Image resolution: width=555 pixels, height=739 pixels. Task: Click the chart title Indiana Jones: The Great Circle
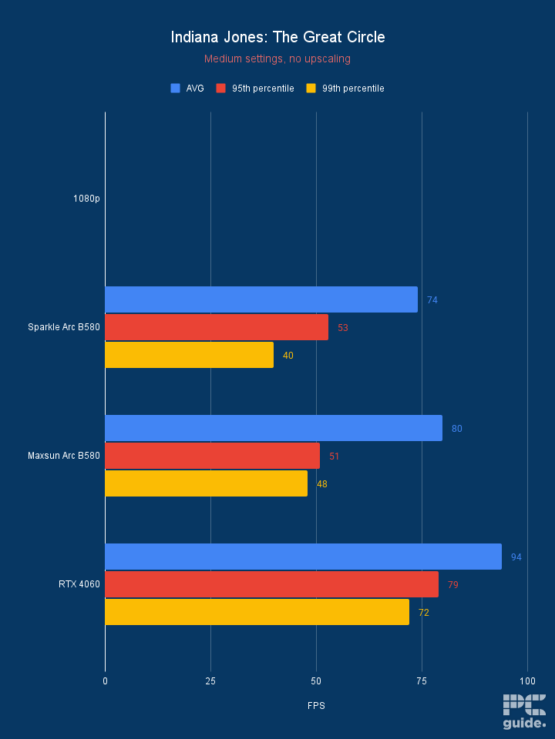(277, 37)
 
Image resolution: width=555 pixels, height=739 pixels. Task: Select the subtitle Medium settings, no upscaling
(277, 59)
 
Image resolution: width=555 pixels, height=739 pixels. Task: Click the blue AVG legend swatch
(175, 89)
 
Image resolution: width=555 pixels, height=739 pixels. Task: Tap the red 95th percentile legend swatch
(221, 89)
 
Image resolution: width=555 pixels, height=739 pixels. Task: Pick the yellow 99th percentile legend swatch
(311, 89)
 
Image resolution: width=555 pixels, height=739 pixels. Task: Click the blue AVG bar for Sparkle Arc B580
(261, 299)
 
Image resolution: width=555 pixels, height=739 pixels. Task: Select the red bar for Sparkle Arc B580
(216, 327)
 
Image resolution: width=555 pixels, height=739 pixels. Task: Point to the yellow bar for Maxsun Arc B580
(206, 483)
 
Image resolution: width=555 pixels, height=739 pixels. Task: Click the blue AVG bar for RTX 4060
(303, 557)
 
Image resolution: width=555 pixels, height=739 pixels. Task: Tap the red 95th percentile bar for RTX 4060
(271, 584)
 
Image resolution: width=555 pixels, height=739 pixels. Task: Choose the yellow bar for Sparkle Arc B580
(189, 355)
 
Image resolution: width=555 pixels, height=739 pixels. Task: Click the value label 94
(516, 557)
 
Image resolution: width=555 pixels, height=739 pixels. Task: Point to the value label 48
(322, 483)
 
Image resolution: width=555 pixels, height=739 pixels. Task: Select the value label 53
(343, 327)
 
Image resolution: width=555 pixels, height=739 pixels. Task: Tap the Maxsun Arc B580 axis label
(64, 456)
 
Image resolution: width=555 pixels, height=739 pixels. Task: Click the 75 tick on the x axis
(422, 681)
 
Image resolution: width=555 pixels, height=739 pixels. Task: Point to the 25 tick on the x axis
(210, 681)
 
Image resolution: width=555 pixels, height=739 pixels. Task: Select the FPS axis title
(316, 705)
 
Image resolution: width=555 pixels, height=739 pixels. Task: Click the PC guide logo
(524, 711)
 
